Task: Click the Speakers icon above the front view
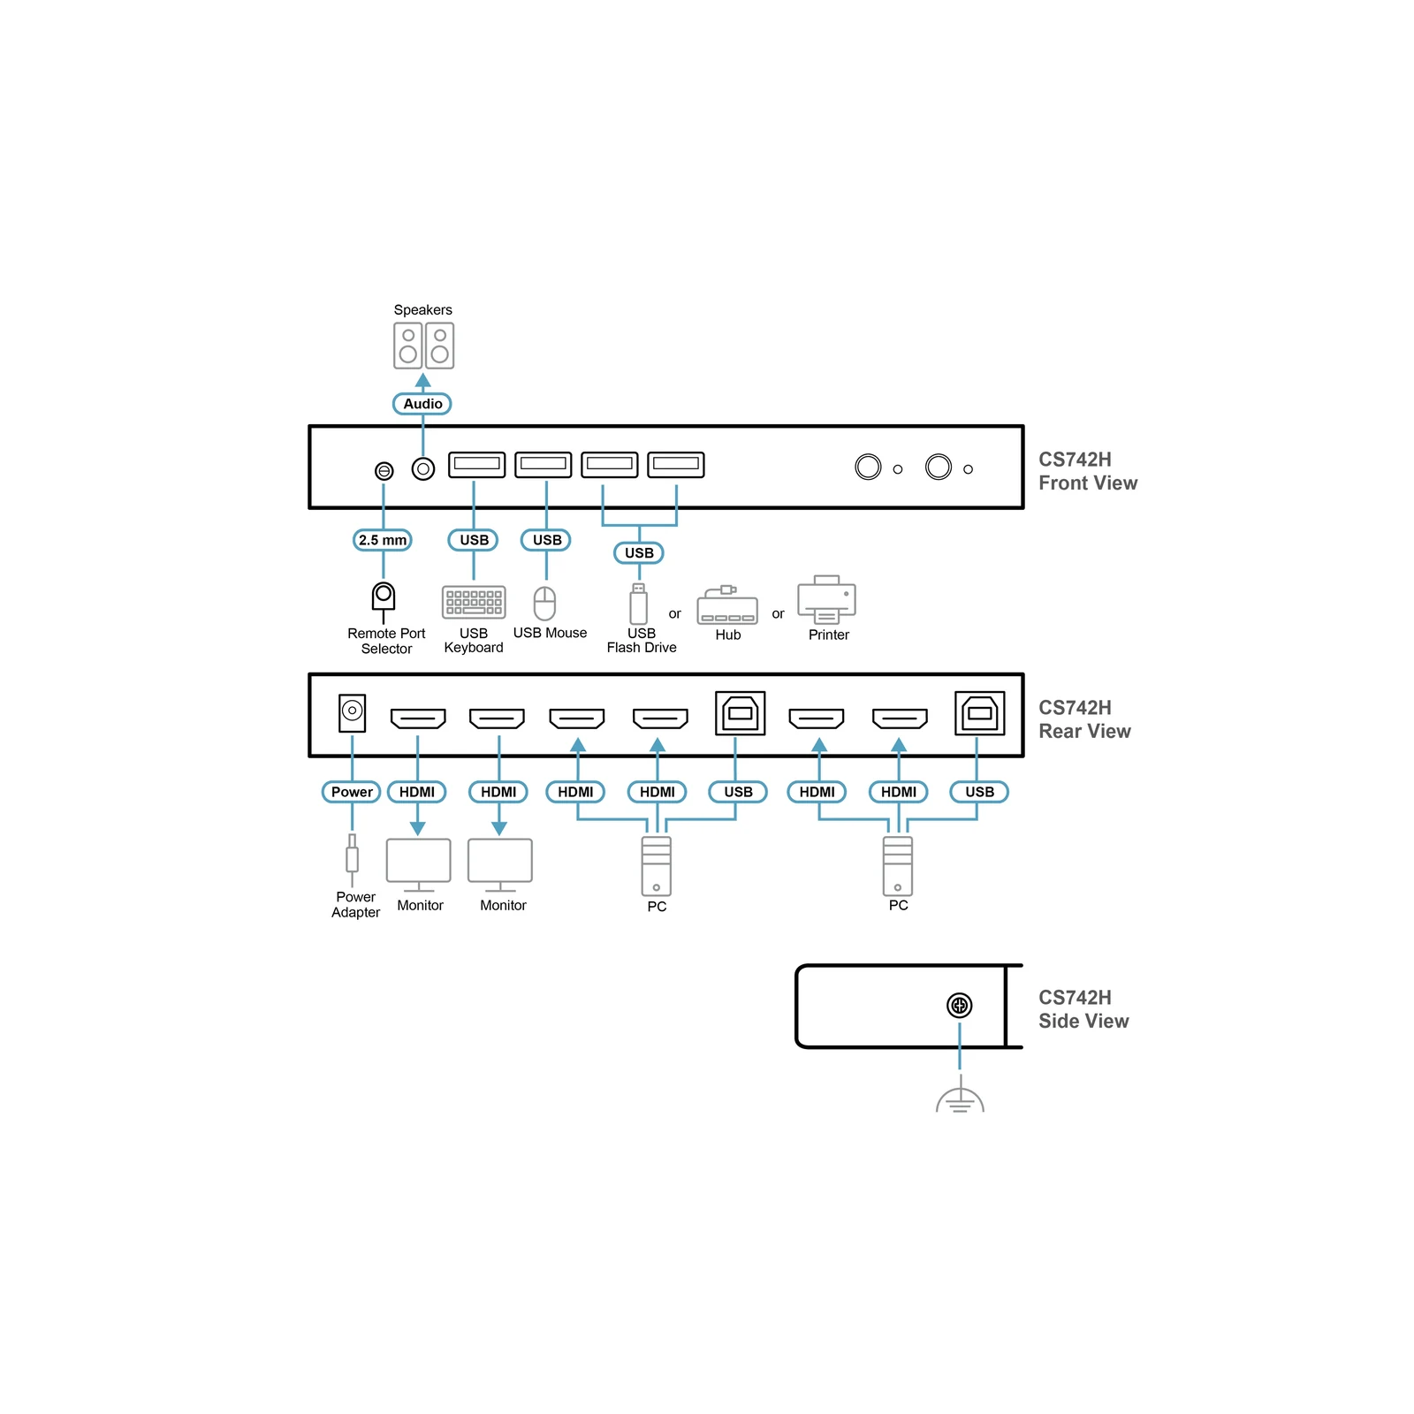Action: click(x=423, y=346)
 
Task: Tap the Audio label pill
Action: click(x=422, y=404)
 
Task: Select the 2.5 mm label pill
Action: click(x=383, y=540)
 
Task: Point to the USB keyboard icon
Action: click(x=474, y=603)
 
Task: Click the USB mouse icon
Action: click(x=545, y=604)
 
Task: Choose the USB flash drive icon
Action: click(x=639, y=604)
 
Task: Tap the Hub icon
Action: click(x=727, y=604)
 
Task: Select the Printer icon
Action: click(x=827, y=599)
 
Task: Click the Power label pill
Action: click(x=352, y=792)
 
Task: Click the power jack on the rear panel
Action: click(x=352, y=712)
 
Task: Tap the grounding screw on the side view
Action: click(x=960, y=1005)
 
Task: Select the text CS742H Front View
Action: click(x=1088, y=471)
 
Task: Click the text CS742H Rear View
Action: click(x=1084, y=719)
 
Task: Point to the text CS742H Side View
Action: click(x=1083, y=1009)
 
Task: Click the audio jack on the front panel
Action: click(x=423, y=468)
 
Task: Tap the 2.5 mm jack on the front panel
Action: click(x=384, y=471)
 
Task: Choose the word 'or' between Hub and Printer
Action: click(x=778, y=613)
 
